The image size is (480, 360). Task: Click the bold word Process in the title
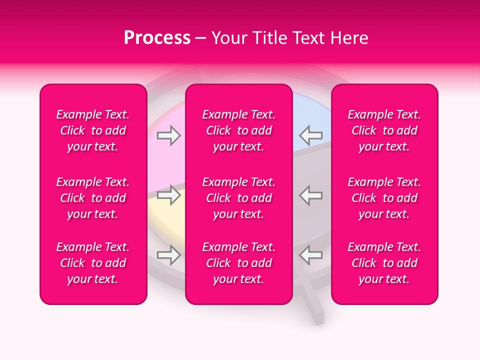point(157,38)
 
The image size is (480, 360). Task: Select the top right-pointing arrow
point(168,135)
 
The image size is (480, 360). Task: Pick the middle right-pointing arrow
point(168,195)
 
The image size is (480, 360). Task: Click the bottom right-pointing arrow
point(168,255)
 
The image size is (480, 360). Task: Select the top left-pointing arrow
point(311,135)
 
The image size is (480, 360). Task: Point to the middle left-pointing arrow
point(311,195)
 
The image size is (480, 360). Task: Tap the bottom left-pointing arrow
point(311,255)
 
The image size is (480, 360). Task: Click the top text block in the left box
point(93,130)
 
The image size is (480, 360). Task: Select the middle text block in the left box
point(93,198)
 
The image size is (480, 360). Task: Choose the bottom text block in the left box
point(93,263)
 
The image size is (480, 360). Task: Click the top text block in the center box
point(239,130)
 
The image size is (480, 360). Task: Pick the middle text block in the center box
point(239,198)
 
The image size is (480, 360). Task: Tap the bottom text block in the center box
point(239,263)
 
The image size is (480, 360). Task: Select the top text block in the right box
point(384,130)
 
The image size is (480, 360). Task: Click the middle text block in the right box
point(384,198)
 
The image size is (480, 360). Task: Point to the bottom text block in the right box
point(384,263)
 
